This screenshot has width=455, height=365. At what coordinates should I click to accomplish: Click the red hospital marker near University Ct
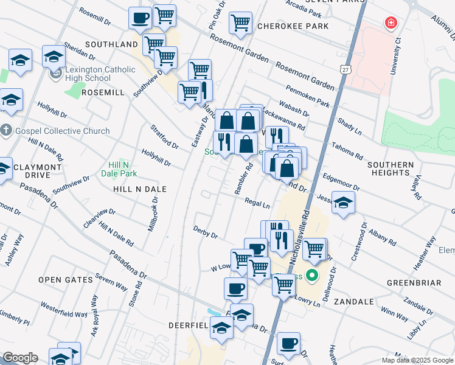390,24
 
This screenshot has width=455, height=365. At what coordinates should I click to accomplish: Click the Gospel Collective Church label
63,131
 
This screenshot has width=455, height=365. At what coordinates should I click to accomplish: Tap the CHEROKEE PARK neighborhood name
293,26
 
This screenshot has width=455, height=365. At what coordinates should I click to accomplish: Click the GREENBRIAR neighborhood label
413,283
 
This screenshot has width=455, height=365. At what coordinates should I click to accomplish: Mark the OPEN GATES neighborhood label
65,280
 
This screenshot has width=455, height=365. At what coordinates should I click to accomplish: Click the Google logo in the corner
19,358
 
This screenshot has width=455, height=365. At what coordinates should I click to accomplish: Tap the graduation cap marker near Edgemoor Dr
344,203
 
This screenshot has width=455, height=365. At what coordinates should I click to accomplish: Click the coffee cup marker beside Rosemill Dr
140,18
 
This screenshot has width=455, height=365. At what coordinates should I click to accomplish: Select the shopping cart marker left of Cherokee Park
240,23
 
